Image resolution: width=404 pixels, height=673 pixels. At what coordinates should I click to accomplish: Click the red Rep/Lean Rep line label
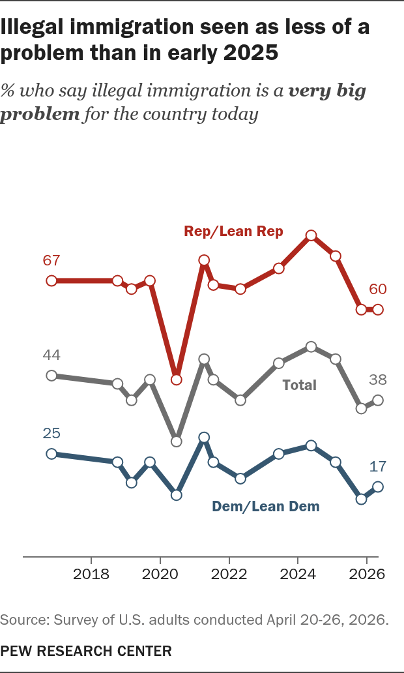[233, 232]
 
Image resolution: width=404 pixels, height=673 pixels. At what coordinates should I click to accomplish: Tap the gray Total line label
[299, 385]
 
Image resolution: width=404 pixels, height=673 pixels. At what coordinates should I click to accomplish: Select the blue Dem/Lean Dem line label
[266, 506]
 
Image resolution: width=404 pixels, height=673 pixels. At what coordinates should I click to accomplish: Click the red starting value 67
[51, 261]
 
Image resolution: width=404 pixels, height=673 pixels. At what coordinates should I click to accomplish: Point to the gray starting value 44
[51, 355]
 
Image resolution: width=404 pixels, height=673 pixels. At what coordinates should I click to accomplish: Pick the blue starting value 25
[51, 434]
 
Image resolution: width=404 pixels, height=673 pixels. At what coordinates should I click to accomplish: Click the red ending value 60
[378, 290]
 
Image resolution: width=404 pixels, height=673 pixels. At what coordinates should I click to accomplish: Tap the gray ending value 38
[378, 380]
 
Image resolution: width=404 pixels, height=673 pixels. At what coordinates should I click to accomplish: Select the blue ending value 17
[378, 466]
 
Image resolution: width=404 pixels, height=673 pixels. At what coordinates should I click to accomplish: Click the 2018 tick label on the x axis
[91, 575]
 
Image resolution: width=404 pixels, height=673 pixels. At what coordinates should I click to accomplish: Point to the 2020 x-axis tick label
[160, 575]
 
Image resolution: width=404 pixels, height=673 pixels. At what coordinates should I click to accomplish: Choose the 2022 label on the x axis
[229, 575]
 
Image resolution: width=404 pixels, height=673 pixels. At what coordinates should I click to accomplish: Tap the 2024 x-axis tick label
[298, 575]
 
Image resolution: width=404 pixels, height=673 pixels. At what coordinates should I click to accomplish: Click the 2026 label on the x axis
[366, 575]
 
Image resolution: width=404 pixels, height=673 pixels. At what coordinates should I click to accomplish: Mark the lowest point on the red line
[177, 380]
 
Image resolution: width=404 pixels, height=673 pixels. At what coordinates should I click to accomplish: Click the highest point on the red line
[311, 235]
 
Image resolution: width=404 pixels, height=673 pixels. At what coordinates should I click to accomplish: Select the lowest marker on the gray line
[177, 441]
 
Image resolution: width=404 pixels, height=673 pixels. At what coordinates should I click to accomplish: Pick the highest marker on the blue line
[204, 438]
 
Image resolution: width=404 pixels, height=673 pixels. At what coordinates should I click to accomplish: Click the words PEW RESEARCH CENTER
[86, 651]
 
